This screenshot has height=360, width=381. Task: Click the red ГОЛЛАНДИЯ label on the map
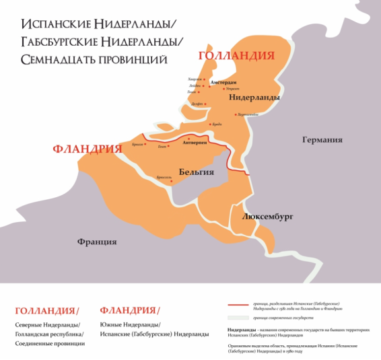[x=236, y=56]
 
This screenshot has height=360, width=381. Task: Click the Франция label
[x=97, y=242]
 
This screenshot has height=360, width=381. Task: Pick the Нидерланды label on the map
[x=254, y=98]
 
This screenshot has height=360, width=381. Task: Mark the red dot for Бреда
[x=211, y=124]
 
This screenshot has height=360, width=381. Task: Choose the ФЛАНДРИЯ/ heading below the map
[x=130, y=310]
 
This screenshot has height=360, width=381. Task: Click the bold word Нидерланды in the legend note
[x=241, y=330]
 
